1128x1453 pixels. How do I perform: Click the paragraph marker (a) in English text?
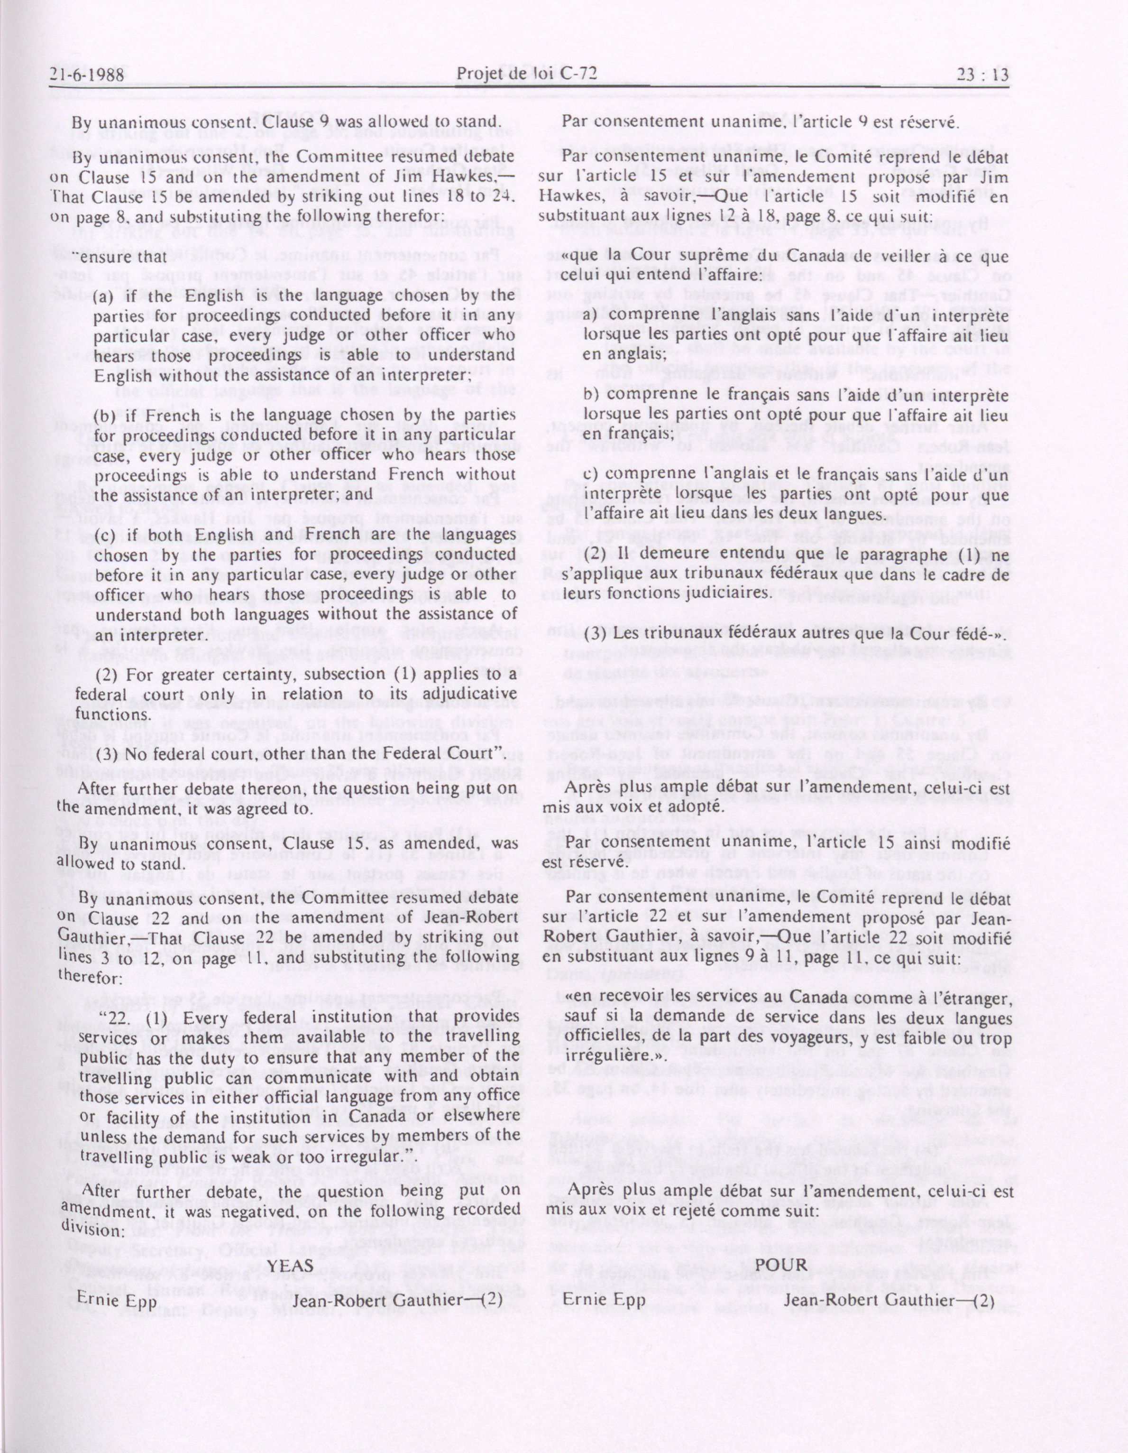104,296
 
